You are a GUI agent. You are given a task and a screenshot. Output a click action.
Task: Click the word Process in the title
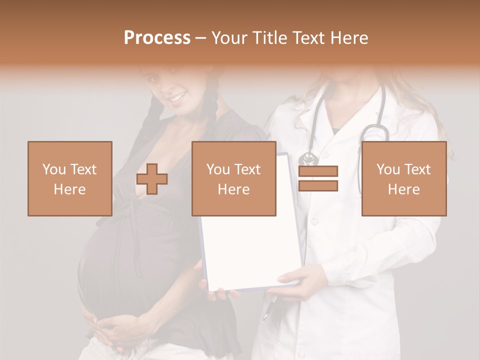pyautogui.click(x=157, y=38)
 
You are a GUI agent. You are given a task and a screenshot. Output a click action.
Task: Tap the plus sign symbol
pyautogui.click(x=152, y=179)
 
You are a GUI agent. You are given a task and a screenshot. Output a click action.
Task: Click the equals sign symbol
pyautogui.click(x=318, y=178)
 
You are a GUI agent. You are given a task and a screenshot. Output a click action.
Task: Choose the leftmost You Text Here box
pyautogui.click(x=70, y=178)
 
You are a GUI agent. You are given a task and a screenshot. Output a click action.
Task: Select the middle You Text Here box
pyautogui.click(x=233, y=178)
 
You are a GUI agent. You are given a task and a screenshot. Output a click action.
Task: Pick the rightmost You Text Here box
pyautogui.click(x=403, y=178)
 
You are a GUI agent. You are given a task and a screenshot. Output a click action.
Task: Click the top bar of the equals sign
pyautogui.click(x=318, y=171)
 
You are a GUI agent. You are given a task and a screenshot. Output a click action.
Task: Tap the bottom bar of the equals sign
pyautogui.click(x=318, y=186)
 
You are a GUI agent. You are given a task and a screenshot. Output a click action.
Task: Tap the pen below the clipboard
pyautogui.click(x=269, y=307)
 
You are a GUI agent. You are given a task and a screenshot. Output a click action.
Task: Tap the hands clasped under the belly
pyautogui.click(x=107, y=327)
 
